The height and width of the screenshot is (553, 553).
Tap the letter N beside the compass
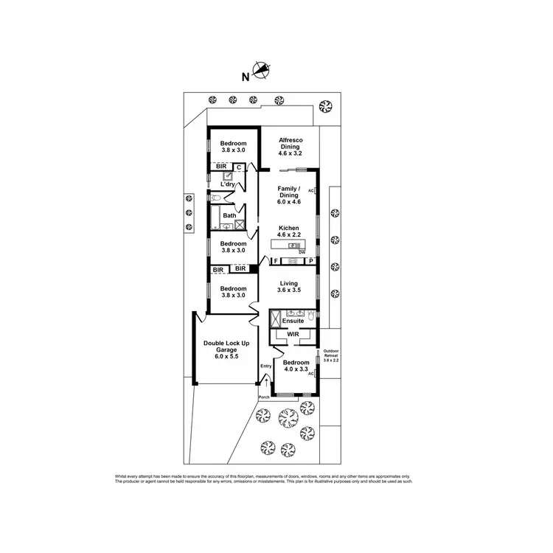click(245, 75)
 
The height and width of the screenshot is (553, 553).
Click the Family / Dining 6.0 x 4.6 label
click(288, 192)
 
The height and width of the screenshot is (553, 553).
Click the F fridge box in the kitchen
click(275, 261)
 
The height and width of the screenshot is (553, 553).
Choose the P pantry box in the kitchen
click(311, 261)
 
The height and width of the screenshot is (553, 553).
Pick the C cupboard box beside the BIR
click(239, 167)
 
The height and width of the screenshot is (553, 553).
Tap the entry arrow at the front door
click(266, 382)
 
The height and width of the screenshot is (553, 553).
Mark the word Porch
click(264, 397)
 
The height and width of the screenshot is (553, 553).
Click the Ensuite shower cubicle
click(275, 319)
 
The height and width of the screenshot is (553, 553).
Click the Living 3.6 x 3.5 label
click(288, 287)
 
